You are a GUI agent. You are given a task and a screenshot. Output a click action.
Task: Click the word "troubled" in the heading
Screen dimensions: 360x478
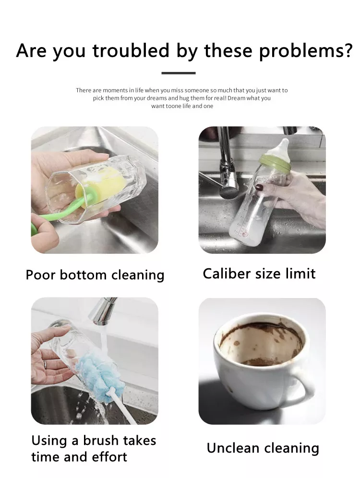click(x=131, y=50)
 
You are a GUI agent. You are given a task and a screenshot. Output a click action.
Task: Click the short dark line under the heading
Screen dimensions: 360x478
click(x=179, y=73)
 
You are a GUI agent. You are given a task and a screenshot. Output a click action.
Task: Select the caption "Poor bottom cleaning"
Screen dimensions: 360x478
click(x=95, y=275)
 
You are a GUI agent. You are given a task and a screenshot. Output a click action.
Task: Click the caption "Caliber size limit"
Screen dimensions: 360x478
click(x=259, y=274)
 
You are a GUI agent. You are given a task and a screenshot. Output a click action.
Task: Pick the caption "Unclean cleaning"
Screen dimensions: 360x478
click(x=263, y=448)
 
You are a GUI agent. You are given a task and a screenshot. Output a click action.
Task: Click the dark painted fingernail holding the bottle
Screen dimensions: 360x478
click(x=259, y=187)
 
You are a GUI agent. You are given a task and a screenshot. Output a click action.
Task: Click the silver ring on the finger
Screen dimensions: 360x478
click(x=45, y=364)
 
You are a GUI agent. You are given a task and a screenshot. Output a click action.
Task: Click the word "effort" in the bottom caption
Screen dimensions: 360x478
click(x=109, y=457)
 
